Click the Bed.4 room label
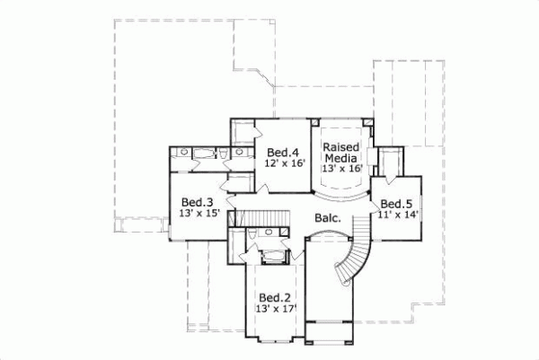tap(281, 151)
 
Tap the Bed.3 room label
tap(196, 202)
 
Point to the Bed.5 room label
tap(395, 202)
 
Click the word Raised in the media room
tap(341, 145)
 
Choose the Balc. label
tap(328, 218)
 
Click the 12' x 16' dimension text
tap(285, 163)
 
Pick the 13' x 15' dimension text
tap(199, 214)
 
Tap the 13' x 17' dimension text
tap(277, 310)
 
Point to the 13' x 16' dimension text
tap(341, 168)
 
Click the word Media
tap(341, 157)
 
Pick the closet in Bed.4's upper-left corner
tap(242, 132)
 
